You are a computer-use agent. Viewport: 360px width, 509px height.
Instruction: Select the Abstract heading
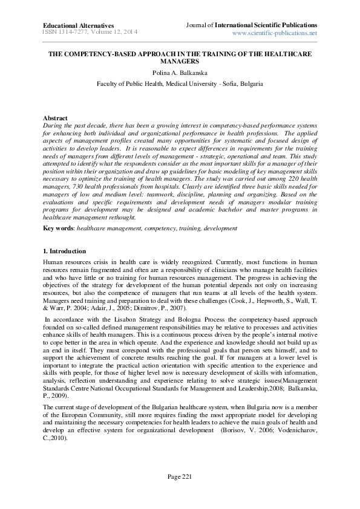tap(55, 118)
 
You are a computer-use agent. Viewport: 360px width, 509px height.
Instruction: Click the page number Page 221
tap(180, 494)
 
